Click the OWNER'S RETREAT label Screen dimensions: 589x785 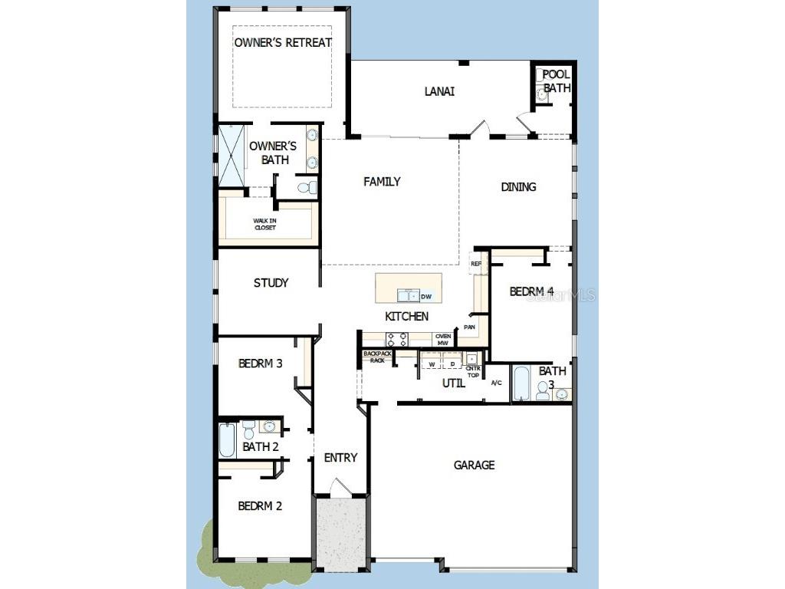[x=283, y=42]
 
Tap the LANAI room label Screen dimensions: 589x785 [x=439, y=91]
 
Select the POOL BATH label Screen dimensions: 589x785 [x=557, y=81]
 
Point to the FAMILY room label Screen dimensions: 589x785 [x=382, y=182]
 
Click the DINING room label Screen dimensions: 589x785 [x=518, y=186]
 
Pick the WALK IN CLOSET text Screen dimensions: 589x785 [x=264, y=224]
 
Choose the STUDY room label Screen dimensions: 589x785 [x=271, y=283]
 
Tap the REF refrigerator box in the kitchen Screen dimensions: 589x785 [x=476, y=264]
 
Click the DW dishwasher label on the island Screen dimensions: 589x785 [x=427, y=296]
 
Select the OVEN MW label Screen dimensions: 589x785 [x=443, y=339]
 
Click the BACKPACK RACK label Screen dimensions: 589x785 [x=377, y=357]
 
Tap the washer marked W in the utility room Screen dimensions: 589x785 [x=432, y=364]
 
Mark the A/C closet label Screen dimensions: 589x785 [x=496, y=383]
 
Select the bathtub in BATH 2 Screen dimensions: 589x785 [x=228, y=441]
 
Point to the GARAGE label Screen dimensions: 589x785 [x=474, y=465]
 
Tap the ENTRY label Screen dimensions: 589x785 [x=340, y=458]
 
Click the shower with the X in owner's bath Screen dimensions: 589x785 [x=231, y=156]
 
